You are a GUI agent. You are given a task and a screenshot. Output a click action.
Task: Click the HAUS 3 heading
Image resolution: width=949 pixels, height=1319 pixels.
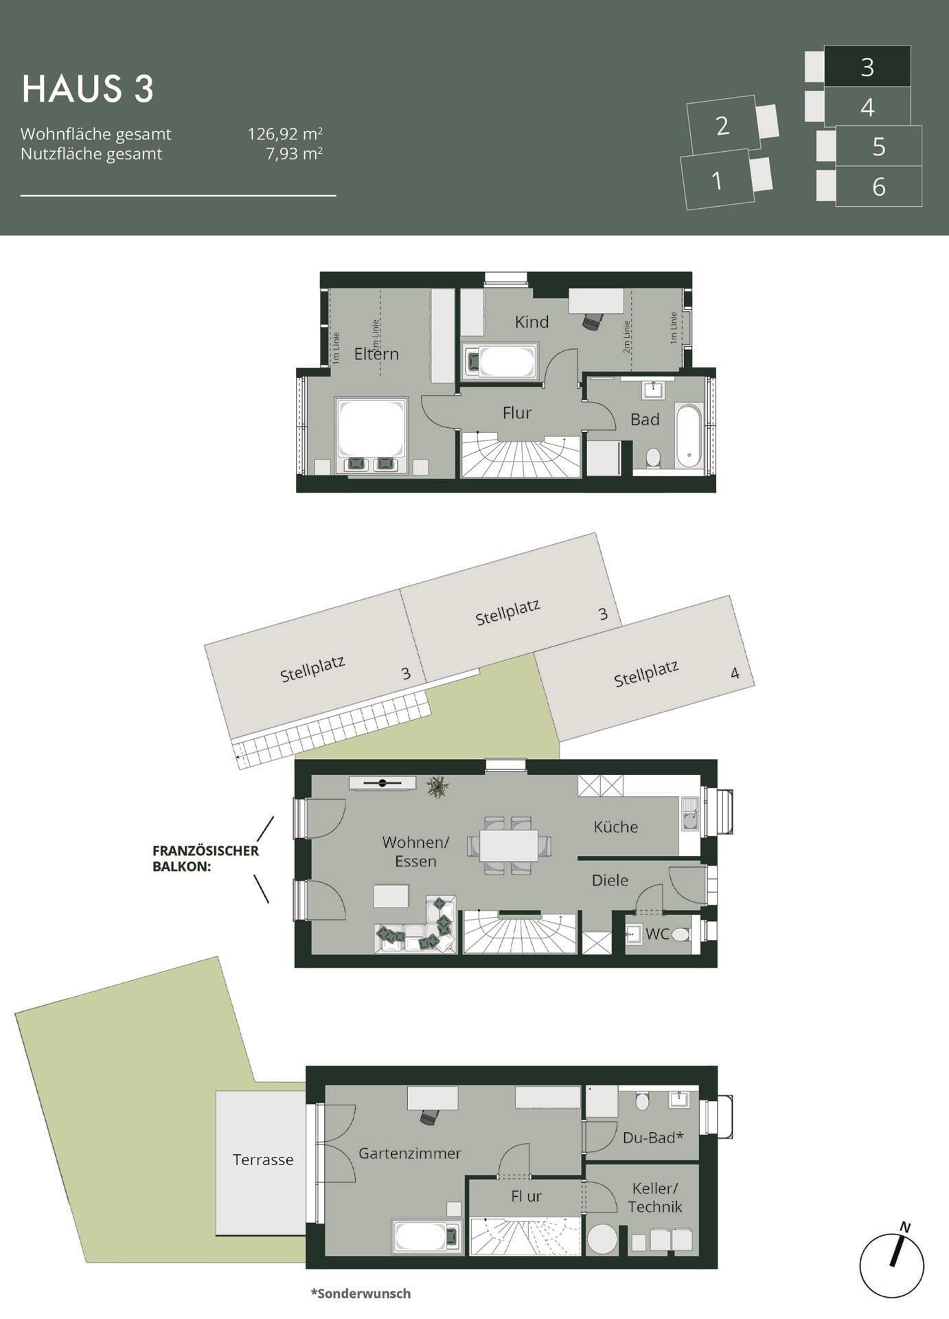click(x=88, y=89)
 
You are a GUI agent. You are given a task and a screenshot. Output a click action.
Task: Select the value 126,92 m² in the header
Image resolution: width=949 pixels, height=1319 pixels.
click(x=285, y=134)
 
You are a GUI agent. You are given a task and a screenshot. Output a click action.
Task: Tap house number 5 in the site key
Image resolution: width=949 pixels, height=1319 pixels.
click(x=879, y=147)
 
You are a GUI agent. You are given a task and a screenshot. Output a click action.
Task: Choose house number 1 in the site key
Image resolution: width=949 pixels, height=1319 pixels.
click(x=717, y=181)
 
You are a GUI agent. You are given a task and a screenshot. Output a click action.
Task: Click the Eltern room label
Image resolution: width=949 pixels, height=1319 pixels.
click(x=376, y=354)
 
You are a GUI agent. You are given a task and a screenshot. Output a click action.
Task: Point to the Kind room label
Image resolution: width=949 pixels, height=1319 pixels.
click(x=531, y=322)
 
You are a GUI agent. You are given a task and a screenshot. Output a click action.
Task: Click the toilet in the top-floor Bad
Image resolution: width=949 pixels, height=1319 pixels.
click(x=653, y=458)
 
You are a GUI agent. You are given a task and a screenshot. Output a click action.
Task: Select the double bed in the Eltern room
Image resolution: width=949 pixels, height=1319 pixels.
click(x=371, y=436)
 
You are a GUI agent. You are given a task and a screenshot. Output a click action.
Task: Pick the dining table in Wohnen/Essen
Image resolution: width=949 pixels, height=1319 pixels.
click(x=509, y=845)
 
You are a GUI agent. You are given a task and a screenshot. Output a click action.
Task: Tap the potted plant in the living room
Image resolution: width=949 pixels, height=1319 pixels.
click(x=437, y=786)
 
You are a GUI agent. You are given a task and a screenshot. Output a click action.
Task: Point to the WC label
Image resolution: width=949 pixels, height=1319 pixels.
click(x=657, y=934)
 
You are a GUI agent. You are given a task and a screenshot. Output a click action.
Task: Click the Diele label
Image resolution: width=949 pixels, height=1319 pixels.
click(x=610, y=880)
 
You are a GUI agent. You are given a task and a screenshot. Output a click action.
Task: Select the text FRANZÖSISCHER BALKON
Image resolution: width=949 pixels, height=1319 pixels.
click(x=205, y=858)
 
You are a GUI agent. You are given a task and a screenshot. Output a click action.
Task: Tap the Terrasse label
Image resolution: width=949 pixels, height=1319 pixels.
click(x=263, y=1160)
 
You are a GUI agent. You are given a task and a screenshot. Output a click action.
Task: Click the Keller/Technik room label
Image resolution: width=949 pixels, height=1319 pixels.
click(x=654, y=1198)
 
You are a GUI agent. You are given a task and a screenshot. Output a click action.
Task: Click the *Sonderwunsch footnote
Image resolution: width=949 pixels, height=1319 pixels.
click(x=361, y=1294)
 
